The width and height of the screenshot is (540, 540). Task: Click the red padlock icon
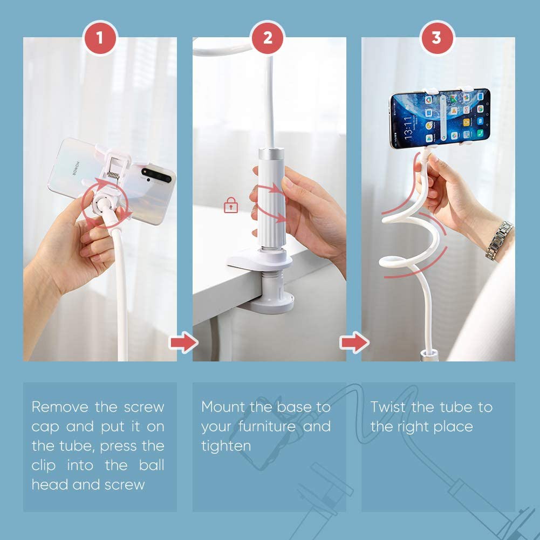point(231,205)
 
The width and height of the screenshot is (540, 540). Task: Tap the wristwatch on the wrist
point(498,240)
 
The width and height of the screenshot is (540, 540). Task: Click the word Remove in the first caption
point(60,407)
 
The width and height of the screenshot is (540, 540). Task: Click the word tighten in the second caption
point(226,446)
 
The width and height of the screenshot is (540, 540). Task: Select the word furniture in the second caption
point(268,427)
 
